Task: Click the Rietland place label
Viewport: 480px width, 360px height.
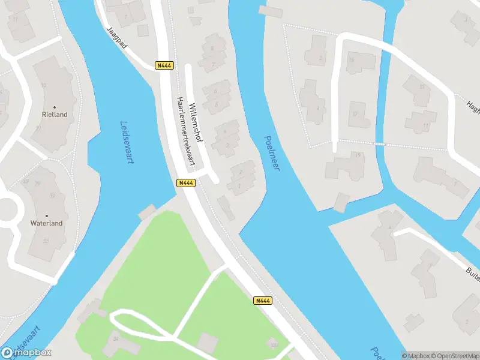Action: (x=55, y=114)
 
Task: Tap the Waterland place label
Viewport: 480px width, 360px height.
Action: (x=47, y=223)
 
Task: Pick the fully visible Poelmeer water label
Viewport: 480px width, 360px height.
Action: (x=272, y=152)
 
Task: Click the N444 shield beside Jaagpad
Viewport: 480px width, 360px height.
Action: (x=164, y=65)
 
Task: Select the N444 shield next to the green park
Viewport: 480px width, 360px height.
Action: (x=262, y=301)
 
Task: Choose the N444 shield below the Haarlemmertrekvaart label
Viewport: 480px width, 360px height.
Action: (x=185, y=183)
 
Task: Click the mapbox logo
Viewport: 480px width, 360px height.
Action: (x=27, y=353)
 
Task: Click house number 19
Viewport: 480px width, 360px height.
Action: (x=358, y=156)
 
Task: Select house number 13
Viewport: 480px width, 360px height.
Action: (x=422, y=87)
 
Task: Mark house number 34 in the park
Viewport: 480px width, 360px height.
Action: (x=115, y=338)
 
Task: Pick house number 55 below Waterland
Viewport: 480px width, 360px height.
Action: (x=46, y=241)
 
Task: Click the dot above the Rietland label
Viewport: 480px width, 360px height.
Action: (x=55, y=106)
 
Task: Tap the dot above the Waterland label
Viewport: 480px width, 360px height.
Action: (x=47, y=214)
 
